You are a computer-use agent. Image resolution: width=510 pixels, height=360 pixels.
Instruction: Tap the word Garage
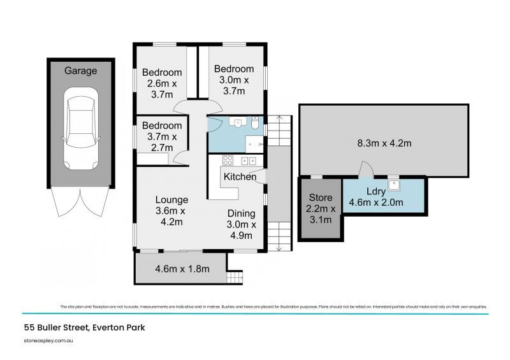81,71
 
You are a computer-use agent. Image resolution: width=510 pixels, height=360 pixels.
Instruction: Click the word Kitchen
238,176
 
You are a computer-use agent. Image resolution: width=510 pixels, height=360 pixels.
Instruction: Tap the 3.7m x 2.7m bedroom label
162,136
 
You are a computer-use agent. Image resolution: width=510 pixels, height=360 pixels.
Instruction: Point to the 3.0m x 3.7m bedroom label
234,80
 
